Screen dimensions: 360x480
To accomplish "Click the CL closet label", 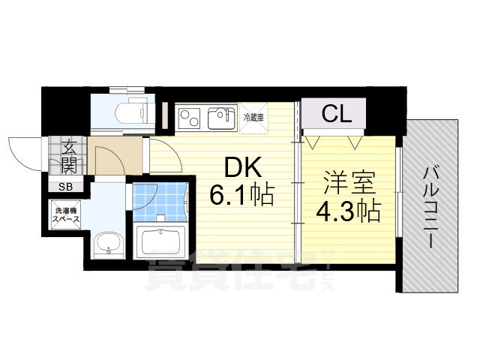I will tap(337, 115).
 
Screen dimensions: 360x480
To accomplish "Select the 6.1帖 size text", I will tap(239, 196).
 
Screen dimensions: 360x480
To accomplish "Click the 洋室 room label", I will tap(346, 182).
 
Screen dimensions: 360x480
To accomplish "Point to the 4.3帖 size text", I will tap(346, 210).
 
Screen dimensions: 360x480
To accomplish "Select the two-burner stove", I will tap(187, 118).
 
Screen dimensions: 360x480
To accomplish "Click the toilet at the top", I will tap(129, 111).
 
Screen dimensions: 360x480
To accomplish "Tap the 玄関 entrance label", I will tap(68, 155).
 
